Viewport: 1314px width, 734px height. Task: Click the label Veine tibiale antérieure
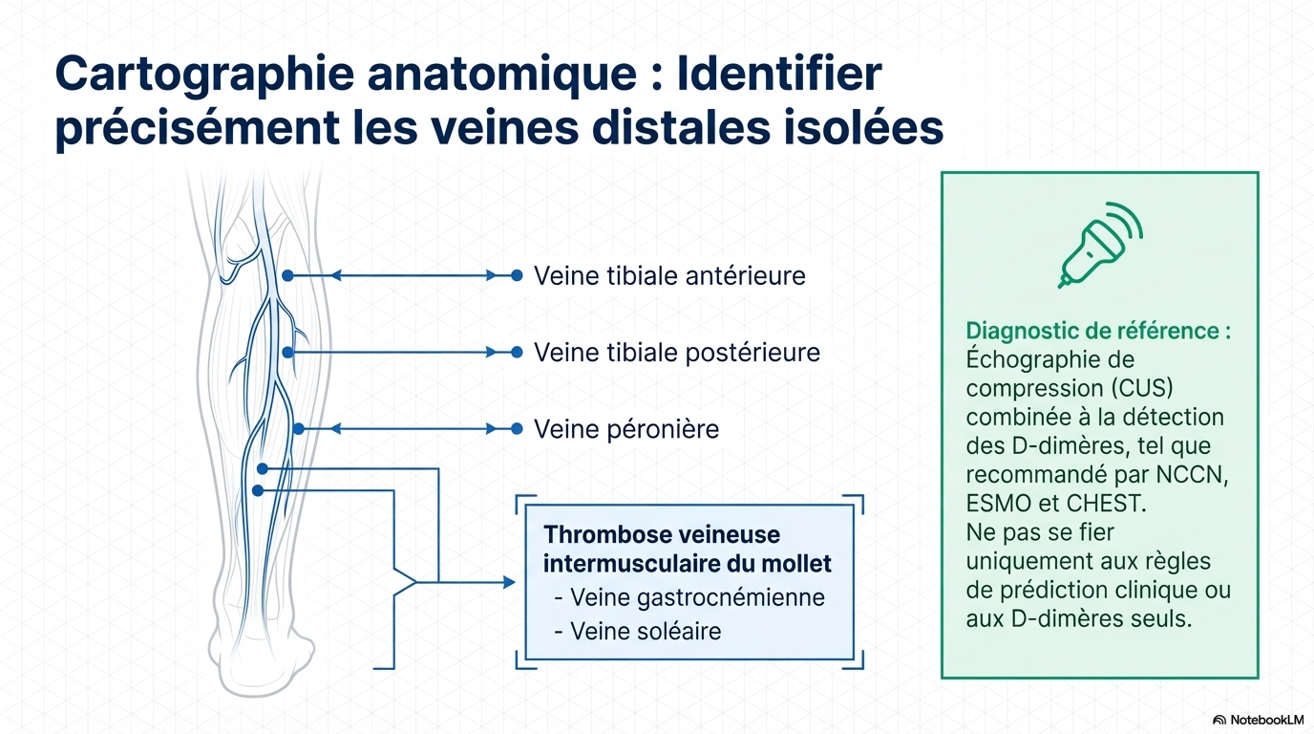[669, 275]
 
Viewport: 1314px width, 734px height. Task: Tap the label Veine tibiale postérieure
[677, 353]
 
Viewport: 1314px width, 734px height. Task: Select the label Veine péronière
[625, 429]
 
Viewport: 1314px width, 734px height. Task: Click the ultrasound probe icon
[1100, 245]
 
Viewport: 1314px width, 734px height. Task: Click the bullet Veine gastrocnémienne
[689, 597]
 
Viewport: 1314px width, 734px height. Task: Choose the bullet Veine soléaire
[638, 631]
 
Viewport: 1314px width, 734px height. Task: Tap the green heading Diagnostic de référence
[1098, 331]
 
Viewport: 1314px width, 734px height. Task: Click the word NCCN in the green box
[1192, 474]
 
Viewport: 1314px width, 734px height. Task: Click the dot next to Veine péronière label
[517, 429]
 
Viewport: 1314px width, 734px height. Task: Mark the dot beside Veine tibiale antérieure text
[517, 275]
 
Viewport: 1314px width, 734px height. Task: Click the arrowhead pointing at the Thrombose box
[509, 582]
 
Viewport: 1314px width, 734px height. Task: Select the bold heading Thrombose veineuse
[662, 534]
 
